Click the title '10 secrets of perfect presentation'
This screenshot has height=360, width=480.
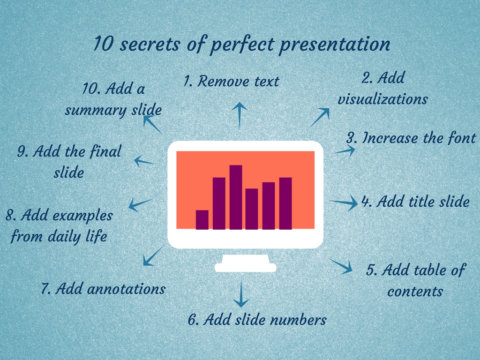(x=241, y=45)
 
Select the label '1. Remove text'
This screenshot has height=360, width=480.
(x=231, y=82)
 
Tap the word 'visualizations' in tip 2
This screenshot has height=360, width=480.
(x=382, y=99)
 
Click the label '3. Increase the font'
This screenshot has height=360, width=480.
(x=411, y=138)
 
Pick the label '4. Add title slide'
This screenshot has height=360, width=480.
(x=415, y=202)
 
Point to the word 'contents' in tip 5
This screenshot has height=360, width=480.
(x=415, y=291)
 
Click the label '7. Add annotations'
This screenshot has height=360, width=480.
(x=103, y=289)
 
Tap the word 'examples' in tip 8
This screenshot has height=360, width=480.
(x=82, y=216)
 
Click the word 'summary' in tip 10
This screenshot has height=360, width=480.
(x=91, y=111)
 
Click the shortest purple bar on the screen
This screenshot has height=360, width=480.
(x=202, y=219)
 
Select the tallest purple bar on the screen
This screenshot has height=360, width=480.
(x=236, y=197)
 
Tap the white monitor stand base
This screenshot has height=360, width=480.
(x=245, y=267)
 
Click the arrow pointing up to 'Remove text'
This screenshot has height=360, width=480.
(x=240, y=114)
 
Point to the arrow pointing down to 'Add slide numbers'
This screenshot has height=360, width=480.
(x=241, y=294)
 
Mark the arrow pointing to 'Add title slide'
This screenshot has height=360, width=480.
(x=344, y=203)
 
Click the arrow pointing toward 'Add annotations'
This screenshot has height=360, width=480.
(x=152, y=256)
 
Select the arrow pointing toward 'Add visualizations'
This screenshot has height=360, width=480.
(x=320, y=117)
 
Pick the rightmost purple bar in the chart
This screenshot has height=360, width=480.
(x=285, y=203)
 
